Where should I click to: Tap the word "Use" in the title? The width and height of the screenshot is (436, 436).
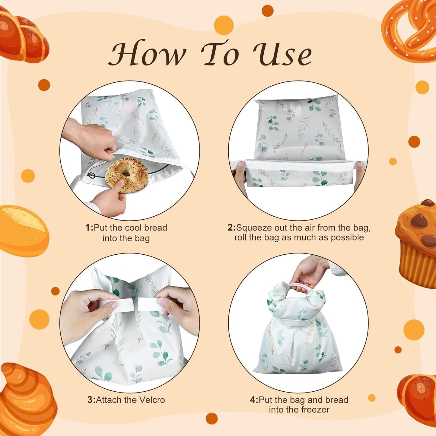click(282, 54)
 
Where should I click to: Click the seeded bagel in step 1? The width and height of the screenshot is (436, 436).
click(127, 175)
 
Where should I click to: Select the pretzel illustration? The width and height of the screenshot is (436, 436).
click(410, 30)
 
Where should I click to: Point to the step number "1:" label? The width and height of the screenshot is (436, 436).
click(89, 228)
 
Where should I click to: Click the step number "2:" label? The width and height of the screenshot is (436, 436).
click(231, 228)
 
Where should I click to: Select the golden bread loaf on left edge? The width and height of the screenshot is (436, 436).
click(23, 231)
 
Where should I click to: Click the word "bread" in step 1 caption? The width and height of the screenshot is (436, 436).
click(155, 228)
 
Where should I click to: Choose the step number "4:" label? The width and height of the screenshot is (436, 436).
click(254, 400)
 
